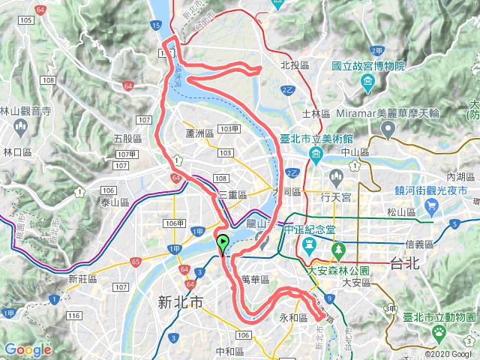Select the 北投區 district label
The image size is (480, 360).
(x=294, y=65)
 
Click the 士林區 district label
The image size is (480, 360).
(x=316, y=114)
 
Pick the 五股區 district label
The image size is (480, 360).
(x=127, y=139)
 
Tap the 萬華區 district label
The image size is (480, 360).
(x=256, y=279)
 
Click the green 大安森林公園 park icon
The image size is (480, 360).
(x=338, y=247)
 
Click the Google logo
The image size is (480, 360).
(x=28, y=349)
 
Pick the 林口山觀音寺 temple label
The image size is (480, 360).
(x=25, y=111)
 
